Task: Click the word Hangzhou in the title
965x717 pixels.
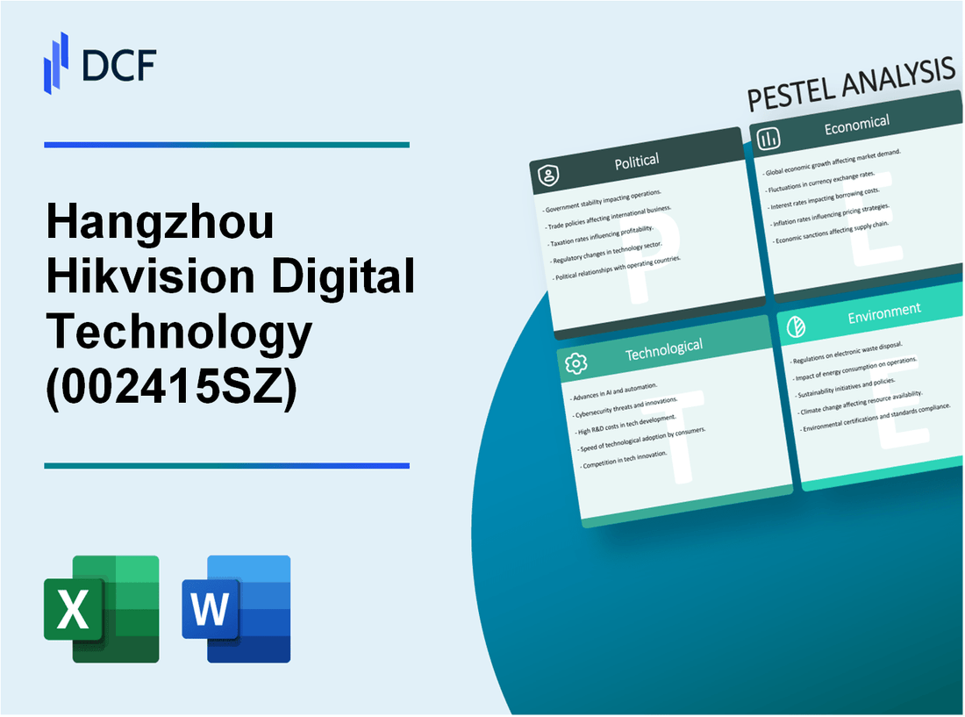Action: [x=160, y=224]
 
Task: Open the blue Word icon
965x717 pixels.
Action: [x=236, y=608]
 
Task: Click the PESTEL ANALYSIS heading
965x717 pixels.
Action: [x=850, y=86]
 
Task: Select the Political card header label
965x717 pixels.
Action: [x=638, y=161]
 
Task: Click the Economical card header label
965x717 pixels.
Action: [x=856, y=125]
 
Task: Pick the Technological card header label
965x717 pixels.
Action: [x=663, y=349]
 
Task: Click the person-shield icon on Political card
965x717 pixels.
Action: [x=549, y=176]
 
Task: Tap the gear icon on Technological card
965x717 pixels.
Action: [x=575, y=362]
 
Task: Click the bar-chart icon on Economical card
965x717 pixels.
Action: [x=769, y=139]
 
